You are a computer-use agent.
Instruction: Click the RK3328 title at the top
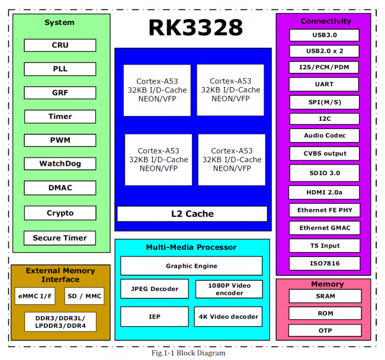click(x=195, y=27)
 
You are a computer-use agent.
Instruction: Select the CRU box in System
click(x=60, y=46)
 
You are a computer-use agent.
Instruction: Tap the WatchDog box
click(x=60, y=164)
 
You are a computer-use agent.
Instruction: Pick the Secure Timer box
click(x=60, y=238)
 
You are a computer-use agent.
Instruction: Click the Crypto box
click(x=60, y=213)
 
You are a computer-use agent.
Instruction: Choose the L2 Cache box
click(x=192, y=214)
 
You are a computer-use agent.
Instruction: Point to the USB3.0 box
click(x=325, y=35)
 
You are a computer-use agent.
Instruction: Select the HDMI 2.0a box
click(x=325, y=192)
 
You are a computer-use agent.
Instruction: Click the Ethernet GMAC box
click(x=325, y=228)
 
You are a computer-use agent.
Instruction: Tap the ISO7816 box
click(x=325, y=263)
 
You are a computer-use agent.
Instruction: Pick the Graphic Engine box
click(x=191, y=266)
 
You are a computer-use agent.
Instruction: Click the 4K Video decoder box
click(x=229, y=317)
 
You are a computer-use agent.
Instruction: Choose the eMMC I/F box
click(x=35, y=295)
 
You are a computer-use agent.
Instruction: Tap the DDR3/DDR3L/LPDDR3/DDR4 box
click(x=60, y=322)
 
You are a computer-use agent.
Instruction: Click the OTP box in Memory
click(x=325, y=330)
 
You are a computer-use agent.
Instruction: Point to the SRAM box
click(x=325, y=296)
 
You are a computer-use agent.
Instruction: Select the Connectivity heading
click(x=325, y=21)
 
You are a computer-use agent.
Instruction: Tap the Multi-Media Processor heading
click(x=191, y=247)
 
